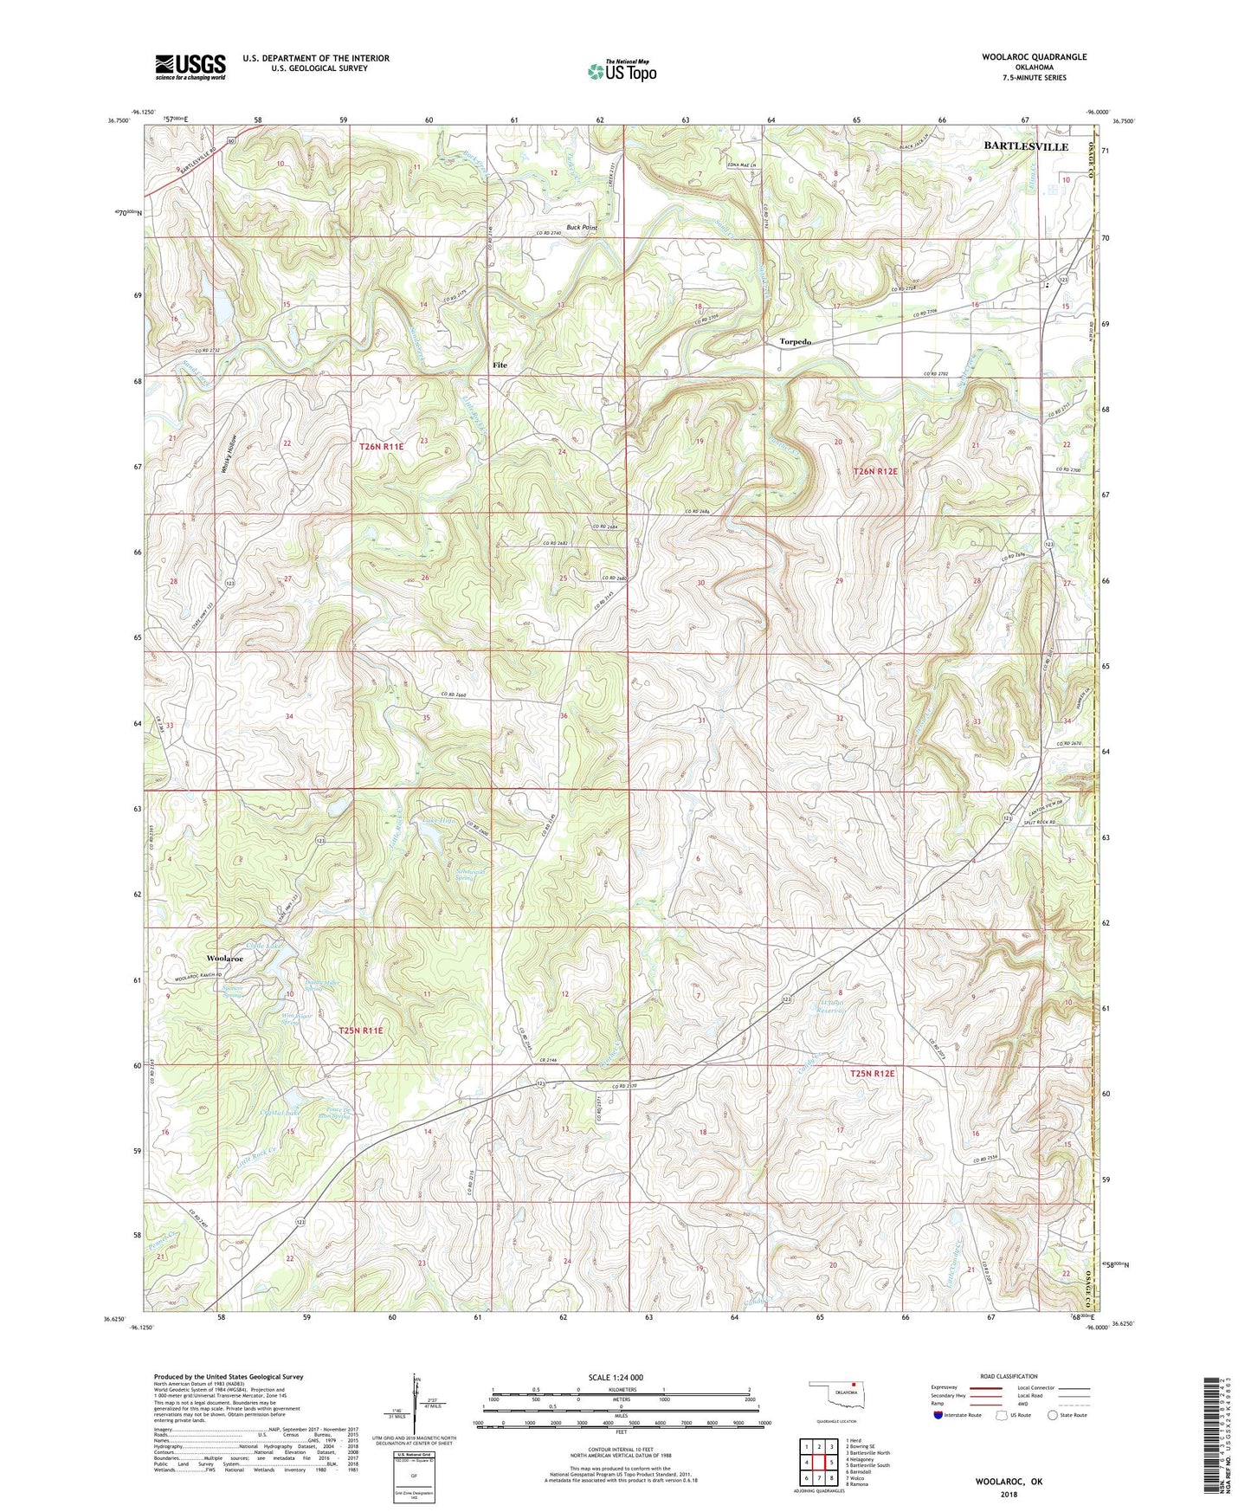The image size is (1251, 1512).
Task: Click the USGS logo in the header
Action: [x=190, y=67]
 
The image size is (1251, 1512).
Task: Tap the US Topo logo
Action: [x=621, y=71]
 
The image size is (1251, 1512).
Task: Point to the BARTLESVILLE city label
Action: [x=1026, y=147]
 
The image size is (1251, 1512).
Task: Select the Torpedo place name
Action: [x=795, y=342]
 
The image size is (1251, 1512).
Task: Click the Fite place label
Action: [x=500, y=365]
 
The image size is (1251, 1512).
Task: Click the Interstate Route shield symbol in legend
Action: [x=938, y=1415]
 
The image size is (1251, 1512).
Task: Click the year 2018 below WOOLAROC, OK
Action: [x=1009, y=1494]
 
